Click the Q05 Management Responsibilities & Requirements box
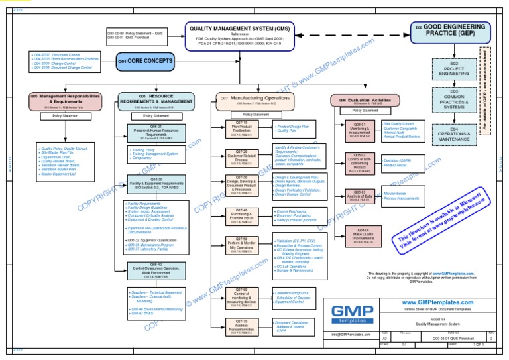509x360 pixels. pos(65,101)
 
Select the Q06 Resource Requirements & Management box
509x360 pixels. pos(156,101)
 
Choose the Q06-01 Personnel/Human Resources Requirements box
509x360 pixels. pos(156,134)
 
